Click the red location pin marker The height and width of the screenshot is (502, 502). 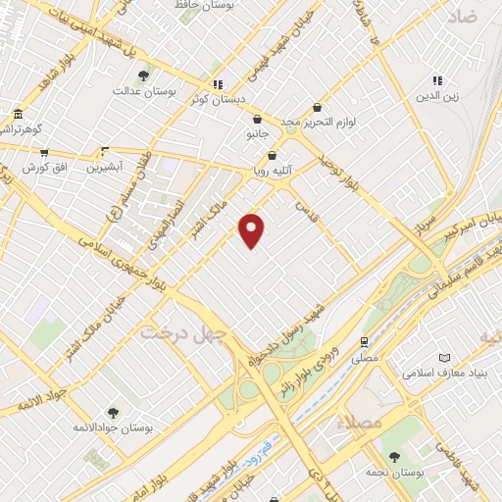pyautogui.click(x=252, y=230)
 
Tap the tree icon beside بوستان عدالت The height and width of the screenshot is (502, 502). pyautogui.click(x=143, y=75)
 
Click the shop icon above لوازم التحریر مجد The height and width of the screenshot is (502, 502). pyautogui.click(x=317, y=107)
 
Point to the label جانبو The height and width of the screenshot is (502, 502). pyautogui.click(x=253, y=133)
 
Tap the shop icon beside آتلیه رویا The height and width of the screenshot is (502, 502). pyautogui.click(x=272, y=155)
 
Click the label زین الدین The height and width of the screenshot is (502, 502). pyautogui.click(x=436, y=95)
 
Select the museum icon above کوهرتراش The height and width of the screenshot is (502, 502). pyautogui.click(x=18, y=113)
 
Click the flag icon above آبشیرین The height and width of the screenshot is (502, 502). pyautogui.click(x=104, y=151)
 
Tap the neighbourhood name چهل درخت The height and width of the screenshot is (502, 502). pyautogui.click(x=182, y=332)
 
